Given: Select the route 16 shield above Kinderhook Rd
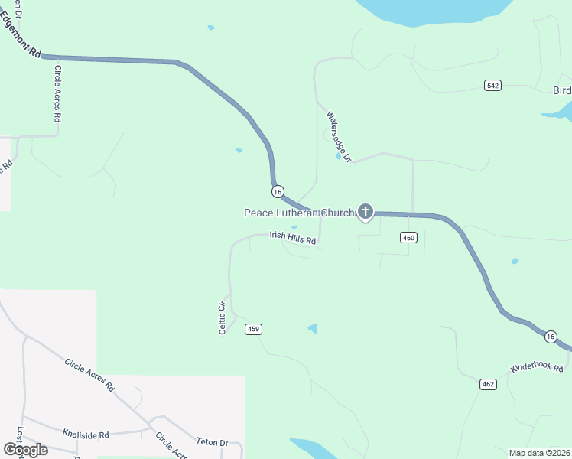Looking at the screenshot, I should pyautogui.click(x=551, y=336).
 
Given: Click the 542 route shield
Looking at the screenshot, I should pyautogui.click(x=492, y=85).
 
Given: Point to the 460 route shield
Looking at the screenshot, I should pyautogui.click(x=408, y=238).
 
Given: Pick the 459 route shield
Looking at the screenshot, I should pyautogui.click(x=254, y=329).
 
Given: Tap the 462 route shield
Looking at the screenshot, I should pyautogui.click(x=489, y=382).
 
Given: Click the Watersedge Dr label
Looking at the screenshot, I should pyautogui.click(x=338, y=136).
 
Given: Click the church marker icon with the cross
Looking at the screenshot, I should pyautogui.click(x=366, y=211).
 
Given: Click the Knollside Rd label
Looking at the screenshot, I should pyautogui.click(x=86, y=434).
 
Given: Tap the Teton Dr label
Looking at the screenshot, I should pyautogui.click(x=213, y=442).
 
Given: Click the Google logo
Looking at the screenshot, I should pyautogui.click(x=25, y=449).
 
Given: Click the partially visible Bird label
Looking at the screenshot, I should pyautogui.click(x=561, y=90).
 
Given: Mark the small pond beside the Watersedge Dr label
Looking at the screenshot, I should pyautogui.click(x=338, y=156).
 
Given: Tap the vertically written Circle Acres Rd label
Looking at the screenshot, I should pyautogui.click(x=57, y=94).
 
